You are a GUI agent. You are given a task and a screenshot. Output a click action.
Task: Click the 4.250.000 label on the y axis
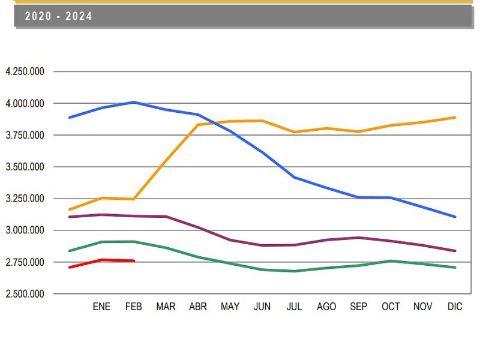[25, 71]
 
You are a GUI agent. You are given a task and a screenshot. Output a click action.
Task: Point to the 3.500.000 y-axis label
[25, 167]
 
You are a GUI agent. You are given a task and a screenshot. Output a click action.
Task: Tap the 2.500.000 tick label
[25, 294]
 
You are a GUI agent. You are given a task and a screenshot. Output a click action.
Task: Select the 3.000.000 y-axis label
[25, 230]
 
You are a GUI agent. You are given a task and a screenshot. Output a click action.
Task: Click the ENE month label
[101, 307]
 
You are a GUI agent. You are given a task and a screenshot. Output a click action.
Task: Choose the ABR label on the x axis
[198, 307]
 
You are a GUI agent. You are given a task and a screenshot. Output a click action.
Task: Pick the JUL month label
[294, 307]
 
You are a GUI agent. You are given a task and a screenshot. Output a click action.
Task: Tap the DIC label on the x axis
[455, 307]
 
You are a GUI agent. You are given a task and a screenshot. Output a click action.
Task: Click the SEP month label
[358, 307]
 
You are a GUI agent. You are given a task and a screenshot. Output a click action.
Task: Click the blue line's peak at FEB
[134, 102]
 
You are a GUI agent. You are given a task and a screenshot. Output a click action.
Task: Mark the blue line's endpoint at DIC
[455, 217]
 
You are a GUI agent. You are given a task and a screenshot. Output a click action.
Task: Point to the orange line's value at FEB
[134, 199]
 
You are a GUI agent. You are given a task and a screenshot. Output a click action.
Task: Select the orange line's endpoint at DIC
[455, 118]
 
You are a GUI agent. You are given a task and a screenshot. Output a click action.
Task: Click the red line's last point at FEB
[134, 261]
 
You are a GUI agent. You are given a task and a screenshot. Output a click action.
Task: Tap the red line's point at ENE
[101, 260]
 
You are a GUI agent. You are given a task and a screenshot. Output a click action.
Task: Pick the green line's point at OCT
[391, 261]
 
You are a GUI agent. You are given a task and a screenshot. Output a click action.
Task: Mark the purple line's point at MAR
[166, 217]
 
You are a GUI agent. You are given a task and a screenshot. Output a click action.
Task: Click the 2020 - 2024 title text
[58, 16]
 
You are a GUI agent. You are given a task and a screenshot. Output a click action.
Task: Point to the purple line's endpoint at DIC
[455, 251]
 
